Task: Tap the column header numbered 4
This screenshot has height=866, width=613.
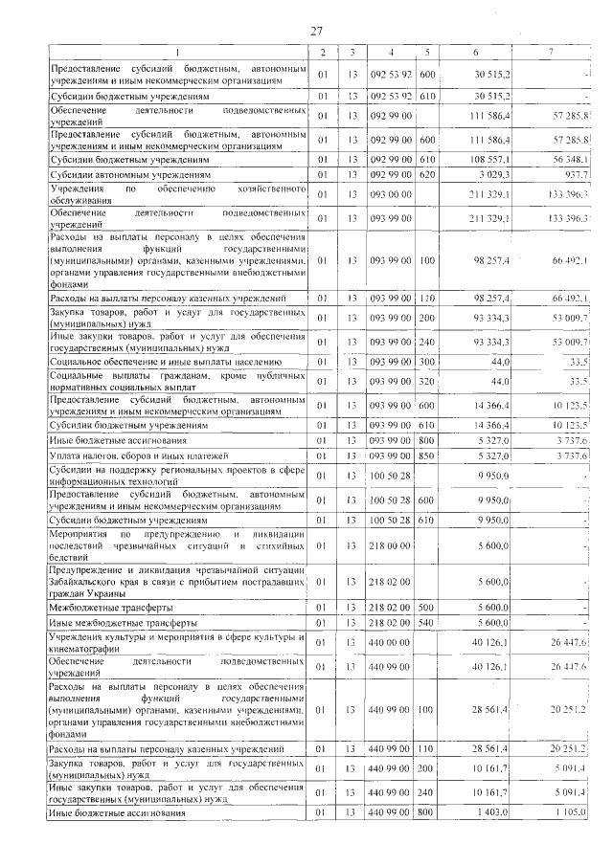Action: pos(392,51)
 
